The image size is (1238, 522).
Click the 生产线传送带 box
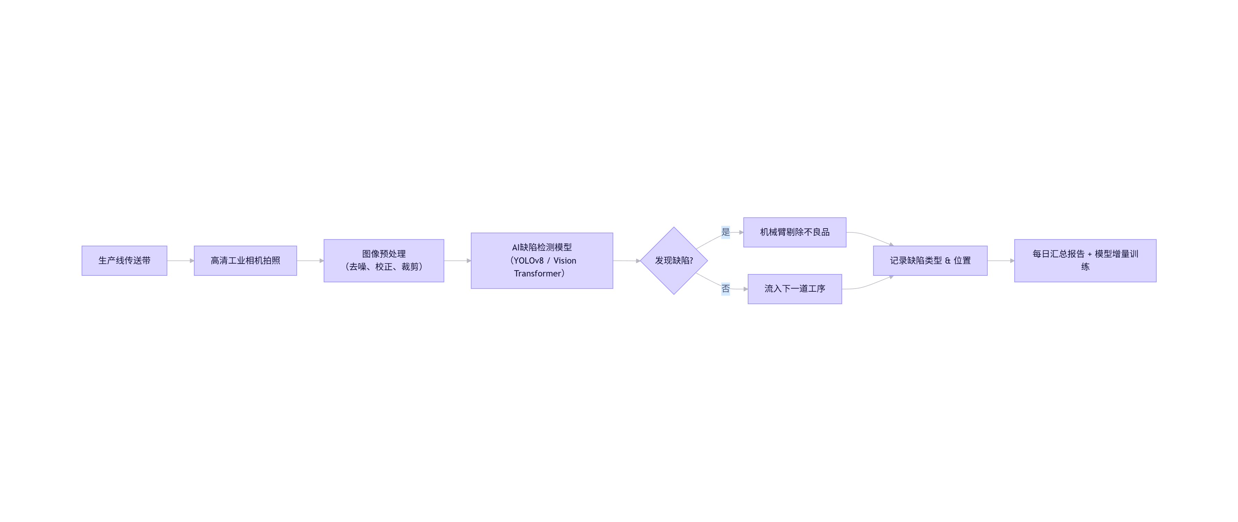124,260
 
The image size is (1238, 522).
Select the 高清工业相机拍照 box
245,260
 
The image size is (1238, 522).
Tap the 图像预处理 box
383,260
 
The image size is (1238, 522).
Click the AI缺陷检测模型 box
542,260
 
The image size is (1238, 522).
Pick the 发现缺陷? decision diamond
674,260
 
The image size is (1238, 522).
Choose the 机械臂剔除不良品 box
794,232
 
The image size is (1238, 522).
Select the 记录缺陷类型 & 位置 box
930,260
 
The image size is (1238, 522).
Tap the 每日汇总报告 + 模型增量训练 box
1085,260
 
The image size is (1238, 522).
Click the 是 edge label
726,232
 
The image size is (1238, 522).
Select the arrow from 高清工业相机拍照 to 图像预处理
310,260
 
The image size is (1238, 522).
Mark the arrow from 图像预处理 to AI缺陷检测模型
457,260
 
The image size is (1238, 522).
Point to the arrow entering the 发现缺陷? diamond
626,260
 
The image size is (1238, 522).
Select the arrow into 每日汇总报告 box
1001,260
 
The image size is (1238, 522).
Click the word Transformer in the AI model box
537,274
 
